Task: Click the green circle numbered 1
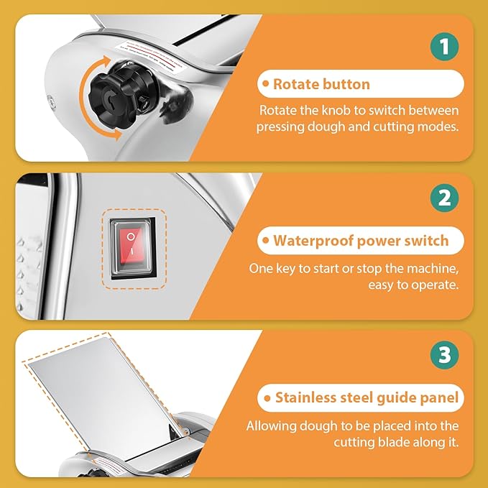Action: pos(444,47)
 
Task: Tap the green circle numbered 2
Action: pos(444,198)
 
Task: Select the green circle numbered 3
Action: pos(444,355)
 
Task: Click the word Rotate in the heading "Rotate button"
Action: pos(295,84)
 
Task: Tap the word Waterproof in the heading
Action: pos(313,241)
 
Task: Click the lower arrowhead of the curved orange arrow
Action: pos(118,135)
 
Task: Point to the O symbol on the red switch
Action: pos(131,237)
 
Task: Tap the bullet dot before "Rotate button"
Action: pos(265,83)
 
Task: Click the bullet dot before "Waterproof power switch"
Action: pos(265,240)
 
